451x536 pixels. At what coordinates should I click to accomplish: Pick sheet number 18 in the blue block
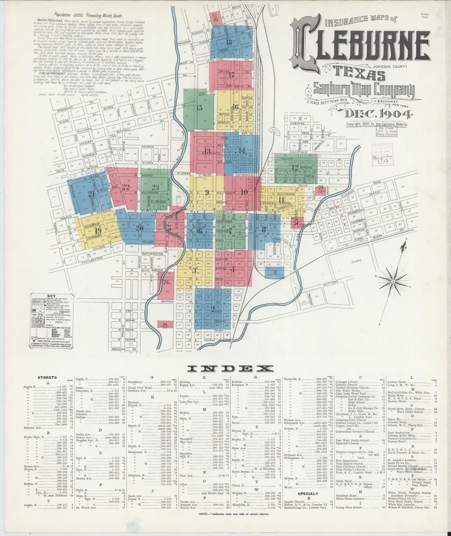click(x=230, y=42)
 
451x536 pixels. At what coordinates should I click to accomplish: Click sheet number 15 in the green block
click(x=199, y=108)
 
